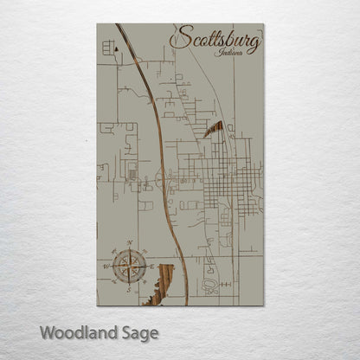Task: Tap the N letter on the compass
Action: (x=129, y=243)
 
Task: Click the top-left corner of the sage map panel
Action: (x=98, y=24)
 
